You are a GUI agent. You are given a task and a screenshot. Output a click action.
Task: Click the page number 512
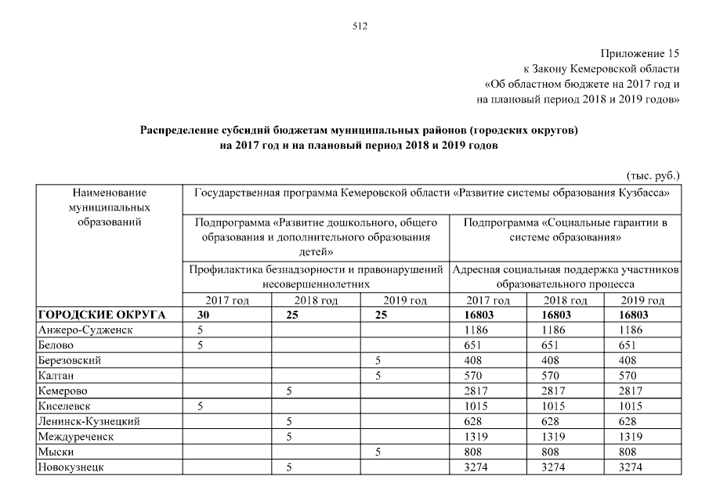(x=360, y=26)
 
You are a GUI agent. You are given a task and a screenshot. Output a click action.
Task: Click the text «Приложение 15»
(x=640, y=54)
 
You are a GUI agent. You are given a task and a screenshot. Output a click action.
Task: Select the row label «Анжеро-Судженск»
(x=85, y=330)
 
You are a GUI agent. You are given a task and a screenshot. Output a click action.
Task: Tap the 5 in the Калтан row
(x=378, y=375)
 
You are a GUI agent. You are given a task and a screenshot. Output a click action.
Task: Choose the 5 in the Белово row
(x=201, y=344)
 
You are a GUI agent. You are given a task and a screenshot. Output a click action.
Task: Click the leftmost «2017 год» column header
(x=226, y=301)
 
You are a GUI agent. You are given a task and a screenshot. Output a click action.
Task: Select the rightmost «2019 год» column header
(x=642, y=301)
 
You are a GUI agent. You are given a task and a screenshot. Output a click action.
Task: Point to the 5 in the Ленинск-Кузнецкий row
(x=289, y=421)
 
